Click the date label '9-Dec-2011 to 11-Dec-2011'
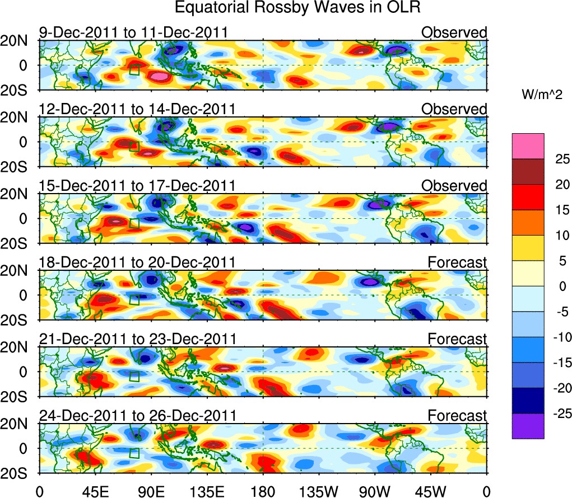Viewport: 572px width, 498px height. [133, 32]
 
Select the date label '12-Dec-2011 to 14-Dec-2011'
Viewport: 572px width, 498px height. [137, 109]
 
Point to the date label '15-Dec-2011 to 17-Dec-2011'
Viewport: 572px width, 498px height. [137, 185]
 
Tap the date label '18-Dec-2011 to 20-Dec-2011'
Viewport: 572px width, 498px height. [137, 262]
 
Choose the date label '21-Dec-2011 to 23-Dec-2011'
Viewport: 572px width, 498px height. [137, 339]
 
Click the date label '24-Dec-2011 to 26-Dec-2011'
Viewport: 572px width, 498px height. [137, 415]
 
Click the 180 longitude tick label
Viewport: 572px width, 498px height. [263, 491]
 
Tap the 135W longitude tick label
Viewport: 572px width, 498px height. [319, 491]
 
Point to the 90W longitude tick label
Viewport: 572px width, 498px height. [375, 491]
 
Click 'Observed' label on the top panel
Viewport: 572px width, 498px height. [454, 32]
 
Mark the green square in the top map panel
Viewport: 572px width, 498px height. [134, 69]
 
